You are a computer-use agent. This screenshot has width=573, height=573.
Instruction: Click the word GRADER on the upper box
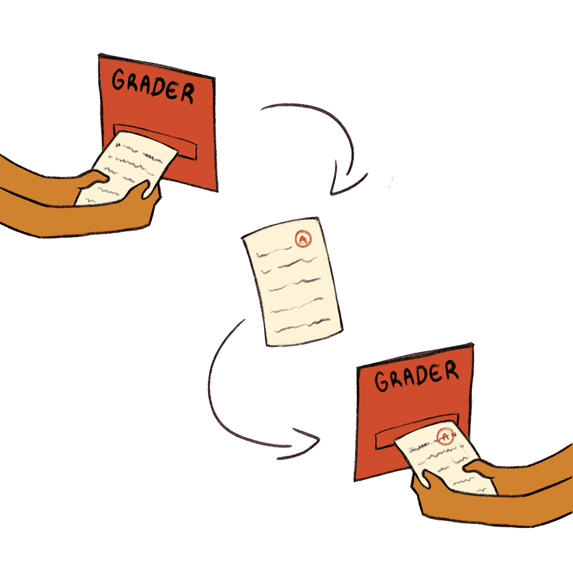(153, 86)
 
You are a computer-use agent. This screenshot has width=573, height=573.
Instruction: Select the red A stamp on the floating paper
(302, 238)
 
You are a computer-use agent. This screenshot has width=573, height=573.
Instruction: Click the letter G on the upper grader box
(118, 80)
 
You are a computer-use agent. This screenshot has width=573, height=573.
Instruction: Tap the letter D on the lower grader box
(418, 376)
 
